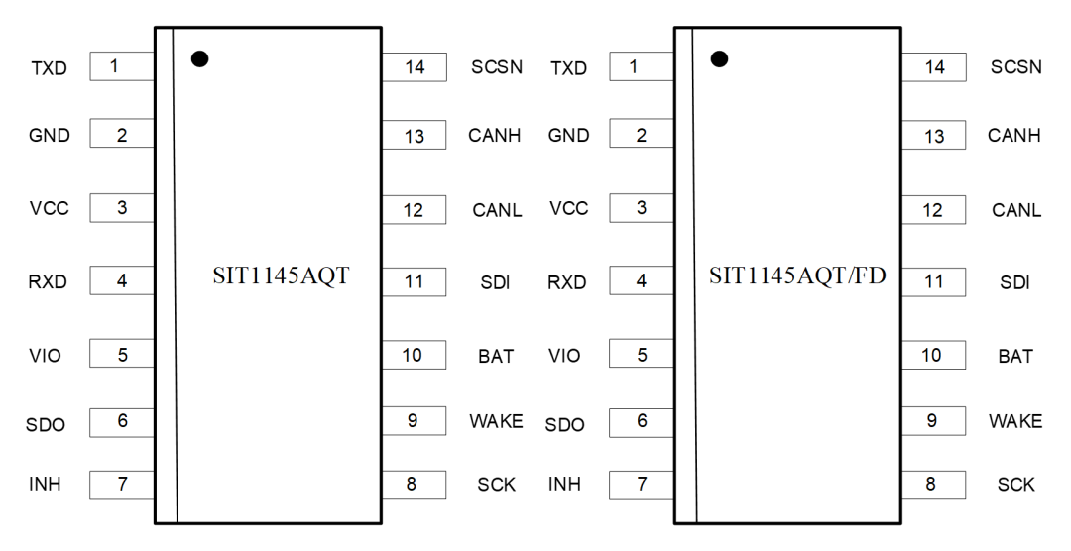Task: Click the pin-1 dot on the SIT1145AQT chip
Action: click(199, 59)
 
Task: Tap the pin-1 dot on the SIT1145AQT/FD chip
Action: click(719, 59)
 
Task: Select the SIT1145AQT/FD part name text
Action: click(797, 276)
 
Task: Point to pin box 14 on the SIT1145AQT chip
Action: click(414, 68)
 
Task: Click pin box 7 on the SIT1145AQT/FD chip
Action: click(642, 485)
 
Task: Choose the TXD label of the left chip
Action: click(49, 68)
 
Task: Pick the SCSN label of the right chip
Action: click(1016, 68)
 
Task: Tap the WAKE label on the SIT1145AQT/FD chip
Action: click(1015, 421)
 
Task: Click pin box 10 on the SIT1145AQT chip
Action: click(414, 355)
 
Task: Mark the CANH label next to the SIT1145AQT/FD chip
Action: click(1014, 136)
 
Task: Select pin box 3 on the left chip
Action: click(122, 208)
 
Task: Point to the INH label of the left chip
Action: click(45, 485)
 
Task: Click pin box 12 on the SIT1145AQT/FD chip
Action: click(933, 210)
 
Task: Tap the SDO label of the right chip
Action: click(565, 425)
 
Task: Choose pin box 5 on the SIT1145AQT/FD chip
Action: click(642, 354)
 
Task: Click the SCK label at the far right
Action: click(1016, 485)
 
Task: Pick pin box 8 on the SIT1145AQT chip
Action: click(414, 485)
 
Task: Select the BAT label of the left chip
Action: click(496, 356)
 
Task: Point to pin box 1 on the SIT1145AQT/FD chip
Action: click(642, 67)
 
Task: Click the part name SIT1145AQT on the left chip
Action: click(281, 276)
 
